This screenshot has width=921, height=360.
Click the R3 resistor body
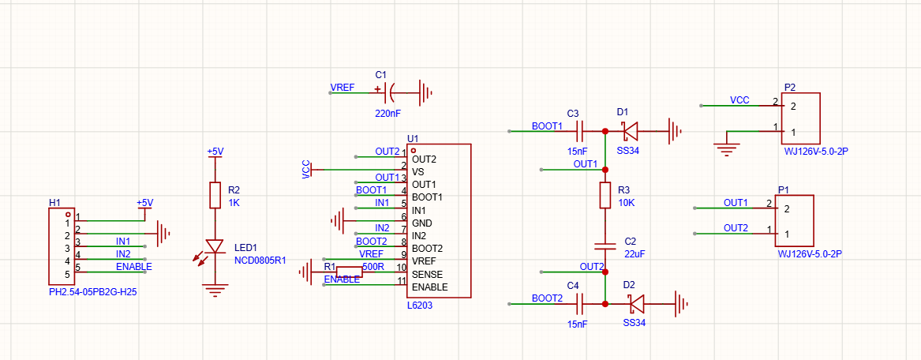[605, 195]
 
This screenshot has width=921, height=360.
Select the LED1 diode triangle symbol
[215, 246]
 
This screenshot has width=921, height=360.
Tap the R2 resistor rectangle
[215, 195]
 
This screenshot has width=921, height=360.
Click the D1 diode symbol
[631, 129]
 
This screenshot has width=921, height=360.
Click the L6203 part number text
[419, 306]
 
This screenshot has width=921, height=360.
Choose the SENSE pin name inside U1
[427, 274]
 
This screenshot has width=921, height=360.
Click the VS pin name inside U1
[417, 171]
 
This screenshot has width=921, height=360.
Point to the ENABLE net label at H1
[134, 267]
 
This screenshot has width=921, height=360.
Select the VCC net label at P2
[739, 99]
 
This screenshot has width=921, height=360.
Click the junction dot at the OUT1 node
[605, 170]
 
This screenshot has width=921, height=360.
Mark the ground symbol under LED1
[215, 290]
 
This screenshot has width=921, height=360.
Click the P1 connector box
[794, 221]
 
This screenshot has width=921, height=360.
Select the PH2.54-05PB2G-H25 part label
[93, 291]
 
